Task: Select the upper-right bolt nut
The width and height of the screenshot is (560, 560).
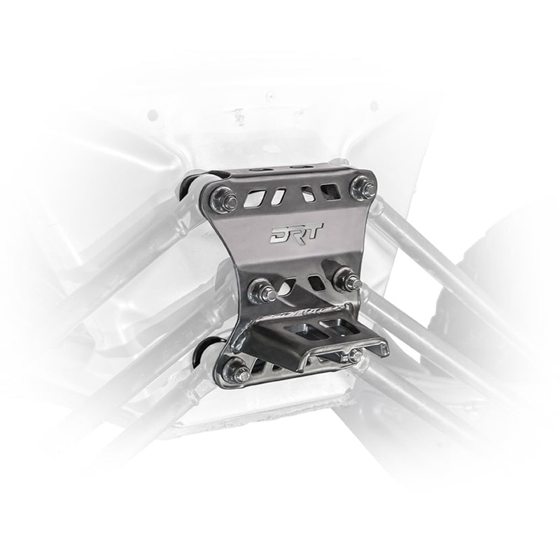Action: pyautogui.click(x=362, y=187)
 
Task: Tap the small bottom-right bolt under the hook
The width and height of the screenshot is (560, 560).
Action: pyautogui.click(x=356, y=356)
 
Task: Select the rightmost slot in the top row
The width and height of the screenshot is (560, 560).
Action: pyautogui.click(x=328, y=190)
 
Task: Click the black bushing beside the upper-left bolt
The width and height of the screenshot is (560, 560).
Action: pyautogui.click(x=189, y=188)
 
